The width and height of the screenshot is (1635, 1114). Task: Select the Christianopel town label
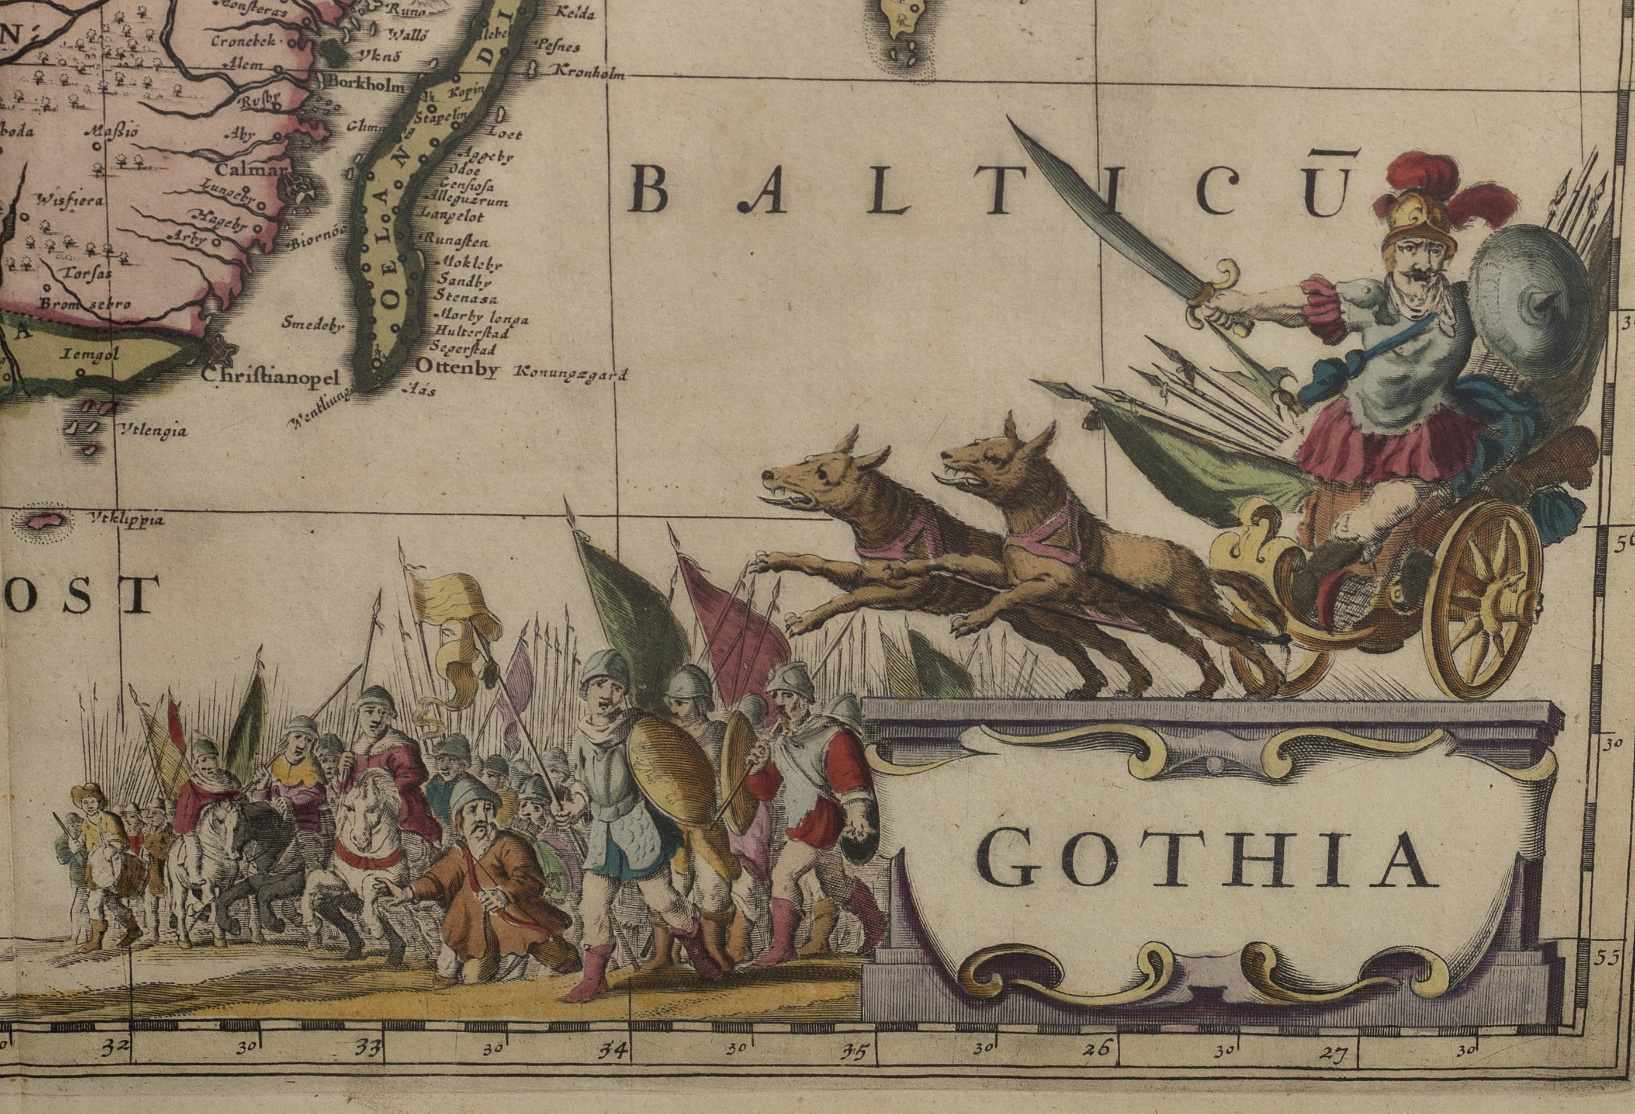pyautogui.click(x=271, y=376)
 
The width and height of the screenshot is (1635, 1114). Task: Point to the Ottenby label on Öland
pyautogui.click(x=458, y=368)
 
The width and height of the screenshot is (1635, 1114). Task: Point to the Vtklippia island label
pyautogui.click(x=127, y=521)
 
